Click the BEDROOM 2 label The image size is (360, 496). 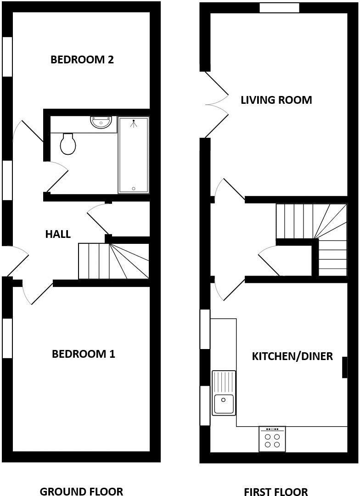(82, 60)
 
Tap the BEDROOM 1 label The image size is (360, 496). (83, 354)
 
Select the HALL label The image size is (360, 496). (58, 234)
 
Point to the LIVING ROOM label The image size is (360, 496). (276, 100)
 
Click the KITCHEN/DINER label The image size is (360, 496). (292, 356)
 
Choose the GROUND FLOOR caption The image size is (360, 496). (81, 491)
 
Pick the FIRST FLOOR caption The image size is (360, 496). (276, 492)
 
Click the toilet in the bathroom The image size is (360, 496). (68, 144)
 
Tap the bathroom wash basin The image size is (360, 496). (101, 122)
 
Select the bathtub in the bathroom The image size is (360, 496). (134, 155)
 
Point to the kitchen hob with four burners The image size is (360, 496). (272, 439)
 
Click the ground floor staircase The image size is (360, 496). (113, 261)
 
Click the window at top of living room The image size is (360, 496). (279, 8)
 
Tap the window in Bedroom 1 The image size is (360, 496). (7, 338)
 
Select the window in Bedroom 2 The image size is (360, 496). (7, 56)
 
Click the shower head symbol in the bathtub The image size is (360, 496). (134, 123)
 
